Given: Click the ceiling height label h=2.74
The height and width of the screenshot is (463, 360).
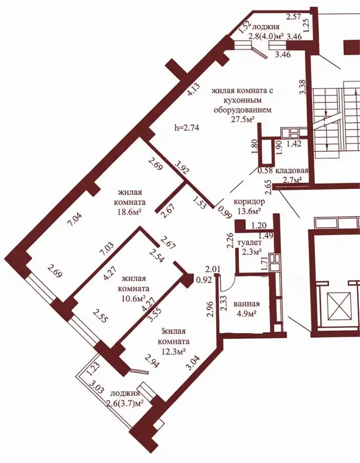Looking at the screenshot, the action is click(x=187, y=128).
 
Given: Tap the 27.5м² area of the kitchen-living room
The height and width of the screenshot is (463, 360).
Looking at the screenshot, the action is click(x=243, y=119).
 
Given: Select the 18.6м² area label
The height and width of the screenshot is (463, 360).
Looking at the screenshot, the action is click(x=130, y=212).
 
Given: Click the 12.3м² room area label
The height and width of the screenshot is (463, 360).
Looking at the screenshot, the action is click(x=174, y=351).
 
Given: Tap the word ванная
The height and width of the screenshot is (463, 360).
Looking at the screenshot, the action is click(x=246, y=304).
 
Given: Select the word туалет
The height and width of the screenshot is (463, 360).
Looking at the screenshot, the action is click(x=249, y=243).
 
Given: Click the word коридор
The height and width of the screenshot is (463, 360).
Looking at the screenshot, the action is click(x=249, y=202).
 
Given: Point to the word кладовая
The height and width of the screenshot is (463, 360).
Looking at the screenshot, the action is click(x=292, y=170).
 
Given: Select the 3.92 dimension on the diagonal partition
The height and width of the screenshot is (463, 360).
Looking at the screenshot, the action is click(x=182, y=167).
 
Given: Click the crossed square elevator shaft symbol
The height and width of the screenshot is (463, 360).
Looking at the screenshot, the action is click(x=338, y=306).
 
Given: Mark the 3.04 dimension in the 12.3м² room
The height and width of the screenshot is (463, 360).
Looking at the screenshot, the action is click(x=193, y=363).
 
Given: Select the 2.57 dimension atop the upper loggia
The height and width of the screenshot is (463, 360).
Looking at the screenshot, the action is click(x=294, y=17).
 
